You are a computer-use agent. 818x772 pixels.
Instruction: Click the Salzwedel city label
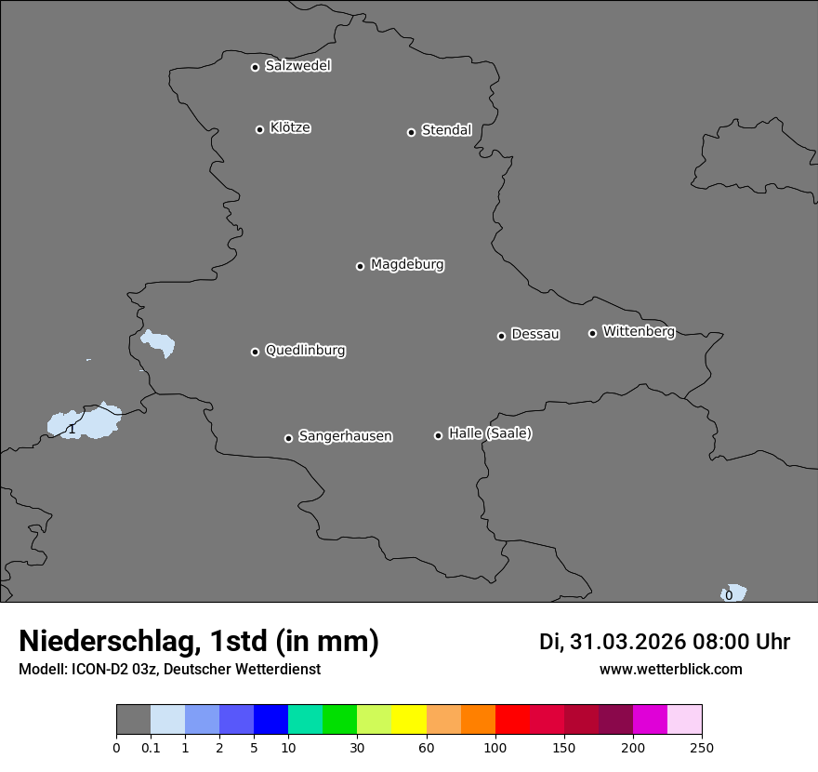coord(297,66)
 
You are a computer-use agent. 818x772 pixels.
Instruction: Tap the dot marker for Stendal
coord(411,132)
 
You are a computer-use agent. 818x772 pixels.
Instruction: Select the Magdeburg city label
coord(407,265)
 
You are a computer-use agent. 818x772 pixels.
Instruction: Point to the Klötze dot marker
coord(259,129)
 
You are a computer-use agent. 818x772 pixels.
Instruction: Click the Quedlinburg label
coord(305,351)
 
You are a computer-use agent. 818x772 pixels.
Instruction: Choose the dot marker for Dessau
coord(501,336)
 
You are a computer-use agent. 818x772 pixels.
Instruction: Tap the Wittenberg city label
coord(639,331)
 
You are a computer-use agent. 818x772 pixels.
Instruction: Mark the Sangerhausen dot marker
coord(288,438)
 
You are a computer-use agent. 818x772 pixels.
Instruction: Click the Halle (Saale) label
coord(490,433)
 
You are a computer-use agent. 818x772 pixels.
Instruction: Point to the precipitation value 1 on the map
coord(72,429)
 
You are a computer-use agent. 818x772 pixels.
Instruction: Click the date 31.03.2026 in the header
coord(627,642)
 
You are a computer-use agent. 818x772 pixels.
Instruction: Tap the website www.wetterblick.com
coord(670,670)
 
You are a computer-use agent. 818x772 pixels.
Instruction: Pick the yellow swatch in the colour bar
coord(409,720)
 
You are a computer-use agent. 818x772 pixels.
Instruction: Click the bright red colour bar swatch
coord(512,720)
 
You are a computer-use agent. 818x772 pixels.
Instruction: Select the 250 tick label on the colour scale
coord(702,747)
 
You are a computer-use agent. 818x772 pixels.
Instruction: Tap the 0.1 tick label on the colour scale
coord(150,747)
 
